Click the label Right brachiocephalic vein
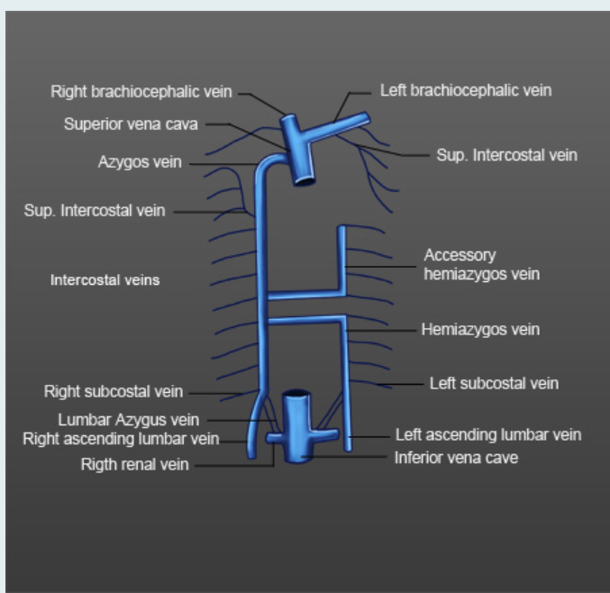click(141, 91)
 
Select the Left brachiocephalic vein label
click(465, 90)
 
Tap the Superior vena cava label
click(131, 124)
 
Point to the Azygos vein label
click(140, 162)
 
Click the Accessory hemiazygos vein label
click(481, 264)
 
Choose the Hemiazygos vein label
click(480, 329)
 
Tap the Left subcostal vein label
click(494, 383)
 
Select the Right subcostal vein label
click(114, 391)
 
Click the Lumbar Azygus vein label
click(128, 419)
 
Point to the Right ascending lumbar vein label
click(121, 439)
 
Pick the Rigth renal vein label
click(135, 464)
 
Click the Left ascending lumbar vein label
click(488, 434)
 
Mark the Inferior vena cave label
click(456, 457)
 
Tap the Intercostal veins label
click(105, 279)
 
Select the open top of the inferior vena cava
click(296, 397)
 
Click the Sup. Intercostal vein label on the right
click(506, 155)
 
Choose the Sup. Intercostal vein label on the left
click(95, 211)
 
